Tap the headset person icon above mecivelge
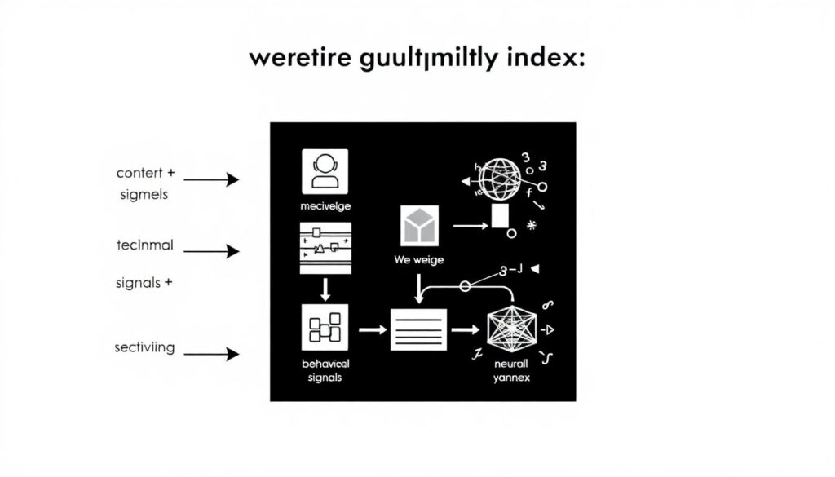tap(325, 171)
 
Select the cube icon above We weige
tap(420, 224)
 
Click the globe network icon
tap(500, 179)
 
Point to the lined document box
tap(418, 329)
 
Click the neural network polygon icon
tap(511, 329)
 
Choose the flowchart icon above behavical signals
tap(325, 328)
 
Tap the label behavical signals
tap(325, 370)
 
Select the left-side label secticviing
tap(144, 347)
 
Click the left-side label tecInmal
tap(145, 245)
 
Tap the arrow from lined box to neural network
tap(466, 329)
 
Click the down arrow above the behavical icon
tap(325, 288)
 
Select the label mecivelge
tap(325, 205)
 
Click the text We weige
tap(419, 259)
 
